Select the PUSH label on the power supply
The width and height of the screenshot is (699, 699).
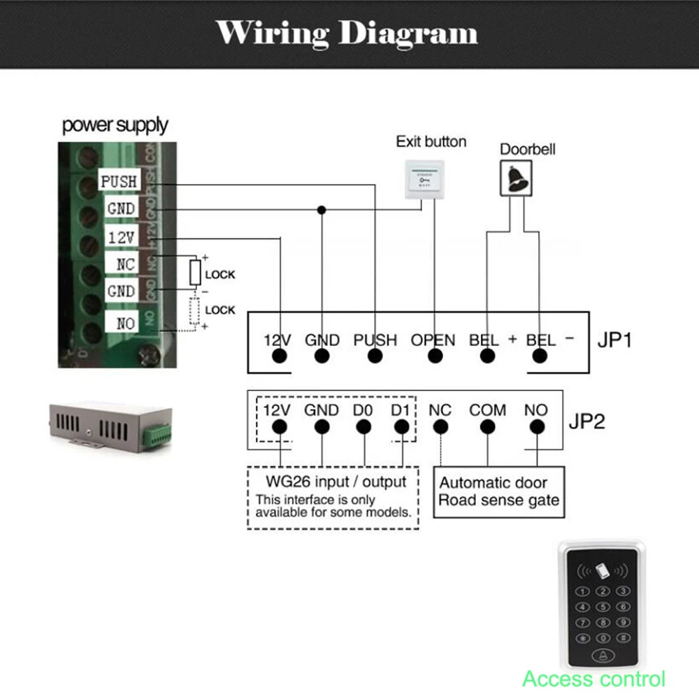coord(119,182)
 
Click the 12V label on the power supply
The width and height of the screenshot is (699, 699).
coord(121,238)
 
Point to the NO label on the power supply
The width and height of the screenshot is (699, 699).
coord(125,323)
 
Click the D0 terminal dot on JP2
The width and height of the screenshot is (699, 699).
coord(362,427)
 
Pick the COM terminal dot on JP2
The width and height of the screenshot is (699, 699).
coord(487,427)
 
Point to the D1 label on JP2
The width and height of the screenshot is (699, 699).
coord(400,410)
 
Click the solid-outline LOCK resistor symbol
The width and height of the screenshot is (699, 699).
coord(196,273)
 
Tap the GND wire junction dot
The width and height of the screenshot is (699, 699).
coord(322,210)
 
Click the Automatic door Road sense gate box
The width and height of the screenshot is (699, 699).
coord(498,492)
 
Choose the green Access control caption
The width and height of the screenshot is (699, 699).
coord(593,678)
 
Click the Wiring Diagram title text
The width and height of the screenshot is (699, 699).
coord(347,33)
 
